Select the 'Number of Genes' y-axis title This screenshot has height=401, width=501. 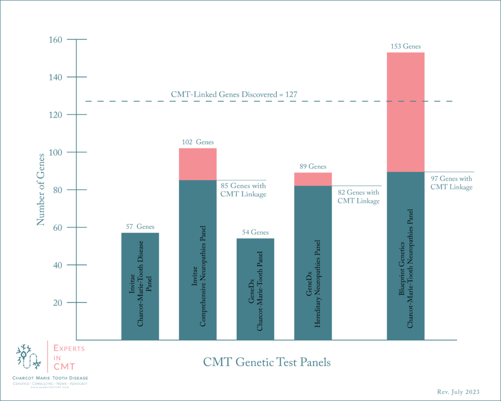pos(40,189)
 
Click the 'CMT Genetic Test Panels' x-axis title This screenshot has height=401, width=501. pos(267,363)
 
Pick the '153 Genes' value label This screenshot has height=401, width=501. pos(406,47)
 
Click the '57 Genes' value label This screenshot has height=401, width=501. pos(140,227)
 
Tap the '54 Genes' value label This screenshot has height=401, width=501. pos(255,233)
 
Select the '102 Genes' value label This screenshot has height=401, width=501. pos(198,142)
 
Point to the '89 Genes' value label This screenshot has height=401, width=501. pos(313,167)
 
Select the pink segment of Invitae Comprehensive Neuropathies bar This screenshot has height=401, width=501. pos(198,164)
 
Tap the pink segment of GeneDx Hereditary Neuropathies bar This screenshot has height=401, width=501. pos(313,179)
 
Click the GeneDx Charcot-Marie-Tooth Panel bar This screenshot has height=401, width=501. pos(255,289)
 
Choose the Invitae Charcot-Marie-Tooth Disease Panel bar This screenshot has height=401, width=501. pos(140,286)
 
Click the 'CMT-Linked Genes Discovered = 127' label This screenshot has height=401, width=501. pos(234,94)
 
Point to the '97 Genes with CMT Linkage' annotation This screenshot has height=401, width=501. pos(452,183)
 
